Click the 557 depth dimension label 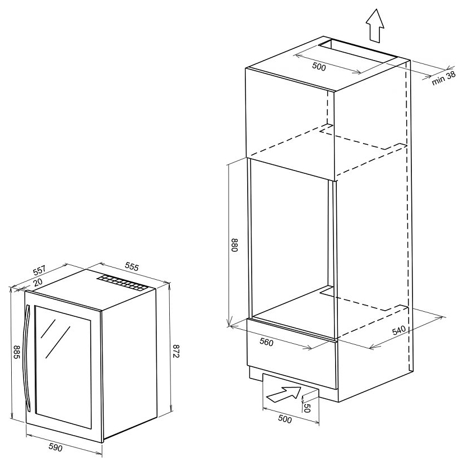pyautogui.click(x=39, y=270)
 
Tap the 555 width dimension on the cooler pyautogui.click(x=132, y=267)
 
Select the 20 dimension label pyautogui.click(x=38, y=282)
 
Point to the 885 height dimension pyautogui.click(x=17, y=352)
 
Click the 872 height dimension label pyautogui.click(x=176, y=351)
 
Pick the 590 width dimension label pyautogui.click(x=55, y=447)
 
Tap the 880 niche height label pyautogui.click(x=234, y=245)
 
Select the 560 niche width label pyautogui.click(x=266, y=342)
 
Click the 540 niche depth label pyautogui.click(x=398, y=330)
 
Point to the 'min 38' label pyautogui.click(x=443, y=78)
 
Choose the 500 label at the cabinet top pyautogui.click(x=319, y=67)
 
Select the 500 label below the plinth pyautogui.click(x=285, y=419)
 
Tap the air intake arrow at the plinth pyautogui.click(x=284, y=394)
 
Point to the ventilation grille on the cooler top pyautogui.click(x=122, y=283)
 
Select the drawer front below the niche pyautogui.click(x=292, y=354)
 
